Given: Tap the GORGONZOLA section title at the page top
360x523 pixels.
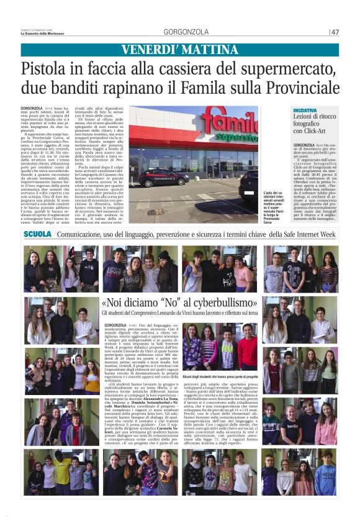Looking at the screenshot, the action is click(186, 32).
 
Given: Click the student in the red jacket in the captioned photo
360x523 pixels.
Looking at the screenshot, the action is click(248, 351).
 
